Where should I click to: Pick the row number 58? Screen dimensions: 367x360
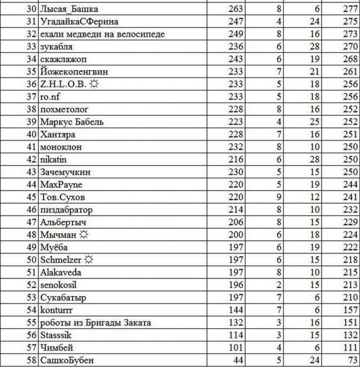(31, 360)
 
